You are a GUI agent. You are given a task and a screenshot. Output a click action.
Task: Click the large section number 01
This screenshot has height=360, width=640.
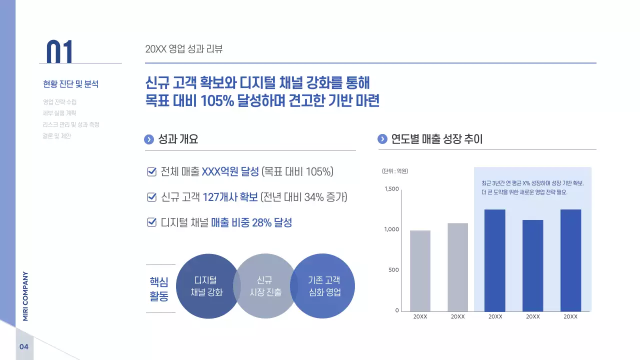pos(59,51)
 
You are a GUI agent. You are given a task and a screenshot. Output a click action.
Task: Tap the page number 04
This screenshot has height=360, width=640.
pos(24,347)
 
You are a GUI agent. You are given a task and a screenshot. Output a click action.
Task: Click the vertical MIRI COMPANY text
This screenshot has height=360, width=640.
pos(25,296)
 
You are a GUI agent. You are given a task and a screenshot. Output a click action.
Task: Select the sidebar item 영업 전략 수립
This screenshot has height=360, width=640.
pos(59,101)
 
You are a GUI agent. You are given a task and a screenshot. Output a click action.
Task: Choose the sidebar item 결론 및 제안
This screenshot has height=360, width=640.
pos(57,136)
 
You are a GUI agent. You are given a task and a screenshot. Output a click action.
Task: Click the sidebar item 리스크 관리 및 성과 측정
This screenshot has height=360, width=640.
pos(71,124)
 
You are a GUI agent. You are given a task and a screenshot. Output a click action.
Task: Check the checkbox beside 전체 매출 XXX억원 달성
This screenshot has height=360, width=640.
pos(152,172)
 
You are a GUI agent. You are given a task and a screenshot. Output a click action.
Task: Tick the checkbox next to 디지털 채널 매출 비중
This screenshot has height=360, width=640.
pos(152,222)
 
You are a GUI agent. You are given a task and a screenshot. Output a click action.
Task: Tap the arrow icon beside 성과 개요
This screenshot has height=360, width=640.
pos(148,139)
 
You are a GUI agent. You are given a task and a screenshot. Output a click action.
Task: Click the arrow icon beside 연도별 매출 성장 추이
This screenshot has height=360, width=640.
pos(382,139)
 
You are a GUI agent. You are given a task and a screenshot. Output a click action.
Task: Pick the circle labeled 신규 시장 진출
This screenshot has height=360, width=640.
pos(265,286)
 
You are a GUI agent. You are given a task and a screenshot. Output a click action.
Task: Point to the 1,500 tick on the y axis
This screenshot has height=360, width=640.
pos(391,189)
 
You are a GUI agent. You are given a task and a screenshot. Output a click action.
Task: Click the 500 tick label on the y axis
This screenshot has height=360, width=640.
pos(393,270)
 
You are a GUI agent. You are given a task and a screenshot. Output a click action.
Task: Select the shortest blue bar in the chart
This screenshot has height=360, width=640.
pos(532,265)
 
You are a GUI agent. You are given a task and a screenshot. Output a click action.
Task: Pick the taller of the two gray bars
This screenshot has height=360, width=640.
pos(457,267)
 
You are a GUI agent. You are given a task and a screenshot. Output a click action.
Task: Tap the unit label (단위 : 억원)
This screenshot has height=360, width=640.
pos(395,171)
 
